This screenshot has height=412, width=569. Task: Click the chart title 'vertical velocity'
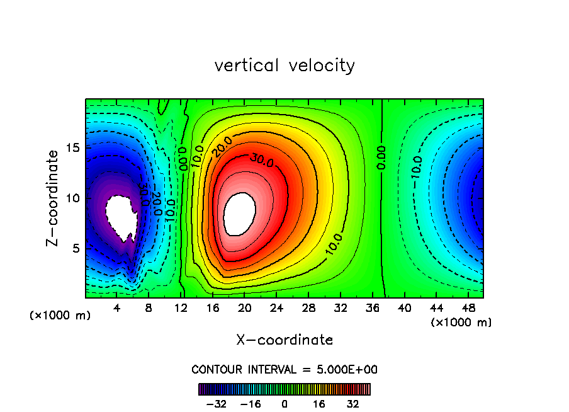point(284,66)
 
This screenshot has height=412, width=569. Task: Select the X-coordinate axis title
point(284,340)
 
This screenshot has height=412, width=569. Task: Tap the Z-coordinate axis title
point(55,198)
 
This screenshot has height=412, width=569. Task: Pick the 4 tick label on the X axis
point(117,308)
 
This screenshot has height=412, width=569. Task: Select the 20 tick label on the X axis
point(244,308)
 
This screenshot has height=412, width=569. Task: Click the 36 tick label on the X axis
point(372,308)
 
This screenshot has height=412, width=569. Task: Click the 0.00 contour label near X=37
point(381,156)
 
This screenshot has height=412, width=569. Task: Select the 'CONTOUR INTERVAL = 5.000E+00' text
point(284,369)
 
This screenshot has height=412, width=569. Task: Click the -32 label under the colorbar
point(216,404)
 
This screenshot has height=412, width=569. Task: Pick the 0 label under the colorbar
point(284,404)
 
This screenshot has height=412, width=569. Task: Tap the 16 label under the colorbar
point(319,404)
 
